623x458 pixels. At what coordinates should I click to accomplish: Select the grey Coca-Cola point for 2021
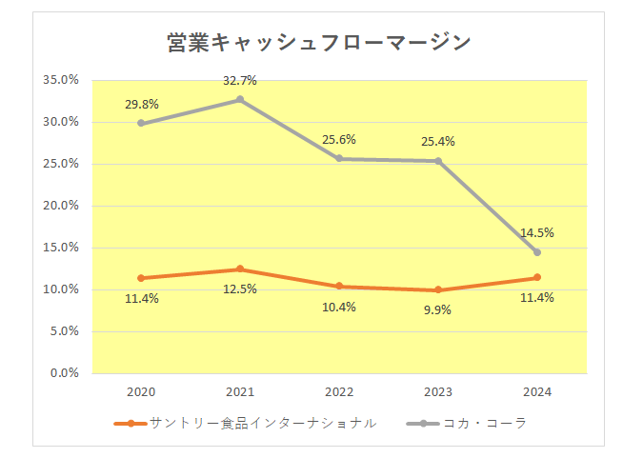(x=240, y=99)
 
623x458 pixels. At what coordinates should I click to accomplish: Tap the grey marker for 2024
(x=536, y=252)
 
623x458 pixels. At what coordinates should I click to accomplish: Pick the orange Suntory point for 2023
(x=438, y=289)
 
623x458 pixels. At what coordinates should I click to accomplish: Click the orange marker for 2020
(x=141, y=278)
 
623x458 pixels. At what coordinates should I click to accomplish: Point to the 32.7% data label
(x=240, y=81)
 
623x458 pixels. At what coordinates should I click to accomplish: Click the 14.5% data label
(x=537, y=232)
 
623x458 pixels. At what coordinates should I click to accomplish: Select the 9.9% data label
(x=437, y=309)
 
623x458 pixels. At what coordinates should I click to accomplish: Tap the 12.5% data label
(x=240, y=289)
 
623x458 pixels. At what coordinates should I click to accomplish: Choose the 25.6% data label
(x=339, y=139)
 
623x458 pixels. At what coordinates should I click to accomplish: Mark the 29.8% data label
(x=141, y=105)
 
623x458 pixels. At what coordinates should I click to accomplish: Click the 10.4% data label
(x=339, y=307)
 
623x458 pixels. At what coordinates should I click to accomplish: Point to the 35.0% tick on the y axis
(x=61, y=80)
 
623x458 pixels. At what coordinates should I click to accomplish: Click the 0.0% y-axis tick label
(x=64, y=373)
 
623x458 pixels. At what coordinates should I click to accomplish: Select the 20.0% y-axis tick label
(x=61, y=206)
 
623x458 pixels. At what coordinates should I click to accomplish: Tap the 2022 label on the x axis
(x=339, y=391)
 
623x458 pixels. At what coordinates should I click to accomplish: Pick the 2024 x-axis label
(x=537, y=391)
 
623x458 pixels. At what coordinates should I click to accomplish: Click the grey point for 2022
(x=339, y=159)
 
